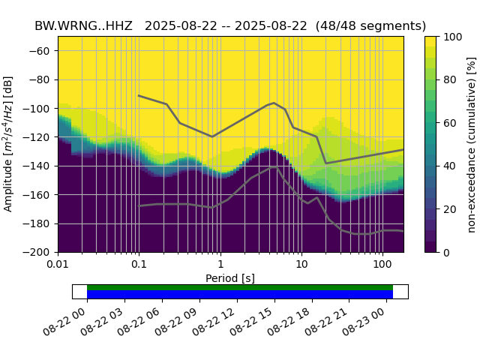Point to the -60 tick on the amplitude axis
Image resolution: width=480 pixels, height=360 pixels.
pyautogui.click(x=43, y=51)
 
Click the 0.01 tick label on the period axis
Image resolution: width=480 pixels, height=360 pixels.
pyautogui.click(x=58, y=265)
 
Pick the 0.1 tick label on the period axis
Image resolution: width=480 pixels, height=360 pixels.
pyautogui.click(x=139, y=265)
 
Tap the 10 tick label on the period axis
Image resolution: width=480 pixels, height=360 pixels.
pyautogui.click(x=301, y=265)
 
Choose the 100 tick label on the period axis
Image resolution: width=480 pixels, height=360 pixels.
pyautogui.click(x=382, y=265)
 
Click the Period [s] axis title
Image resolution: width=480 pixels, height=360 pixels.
pyautogui.click(x=230, y=278)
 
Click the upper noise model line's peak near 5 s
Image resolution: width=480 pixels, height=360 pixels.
pyautogui.click(x=274, y=103)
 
